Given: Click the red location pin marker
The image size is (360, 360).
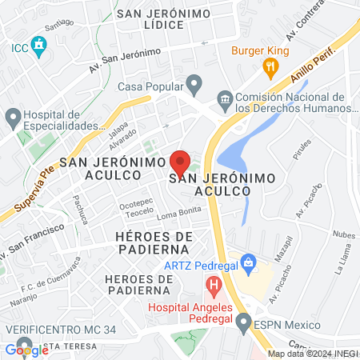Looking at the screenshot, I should [x=181, y=162].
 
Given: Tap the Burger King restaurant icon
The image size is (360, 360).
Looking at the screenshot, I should [x=272, y=68].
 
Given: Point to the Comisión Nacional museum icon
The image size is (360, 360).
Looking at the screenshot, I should [x=224, y=98].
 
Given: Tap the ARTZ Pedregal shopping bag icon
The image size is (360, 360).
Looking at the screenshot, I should [x=249, y=262].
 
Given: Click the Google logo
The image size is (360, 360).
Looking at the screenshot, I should [x=26, y=350].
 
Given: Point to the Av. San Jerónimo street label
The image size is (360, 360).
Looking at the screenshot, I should [x=125, y=58].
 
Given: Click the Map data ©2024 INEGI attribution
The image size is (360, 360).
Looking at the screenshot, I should [x=313, y=353].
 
